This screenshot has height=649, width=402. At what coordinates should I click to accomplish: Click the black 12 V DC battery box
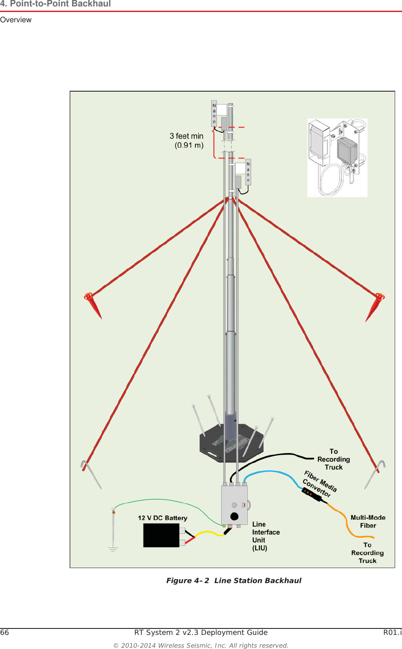pos(161,535)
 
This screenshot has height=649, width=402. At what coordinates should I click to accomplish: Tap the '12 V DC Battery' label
pos(162,518)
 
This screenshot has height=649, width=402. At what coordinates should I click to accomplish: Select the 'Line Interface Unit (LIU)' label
pos(265,536)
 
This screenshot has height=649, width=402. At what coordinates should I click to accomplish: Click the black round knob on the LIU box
pos(234,516)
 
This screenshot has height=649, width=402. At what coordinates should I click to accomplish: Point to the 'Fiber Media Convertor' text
pos(320,484)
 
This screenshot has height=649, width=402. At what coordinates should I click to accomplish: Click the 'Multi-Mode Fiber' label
pos(368,521)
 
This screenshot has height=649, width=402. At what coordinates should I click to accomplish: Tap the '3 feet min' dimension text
pos(186,136)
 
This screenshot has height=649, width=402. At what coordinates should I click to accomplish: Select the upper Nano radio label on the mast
pos(214,113)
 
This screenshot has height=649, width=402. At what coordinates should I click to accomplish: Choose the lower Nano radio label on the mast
pos(248,172)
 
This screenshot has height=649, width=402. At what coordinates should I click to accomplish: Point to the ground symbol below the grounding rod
pos(113,548)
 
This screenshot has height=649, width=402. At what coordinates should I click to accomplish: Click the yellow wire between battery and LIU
pos(208,533)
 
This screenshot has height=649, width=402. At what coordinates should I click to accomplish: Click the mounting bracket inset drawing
pos(337,158)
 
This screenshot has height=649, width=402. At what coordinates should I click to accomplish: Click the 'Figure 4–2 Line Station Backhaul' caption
pos(234,581)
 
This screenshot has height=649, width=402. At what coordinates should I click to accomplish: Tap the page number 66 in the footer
pos(5,632)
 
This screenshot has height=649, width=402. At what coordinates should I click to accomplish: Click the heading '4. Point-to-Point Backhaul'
pos(56,4)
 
